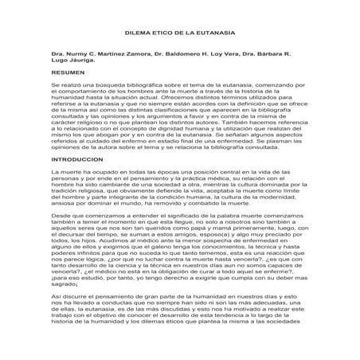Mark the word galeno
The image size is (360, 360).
tap(164, 254)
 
